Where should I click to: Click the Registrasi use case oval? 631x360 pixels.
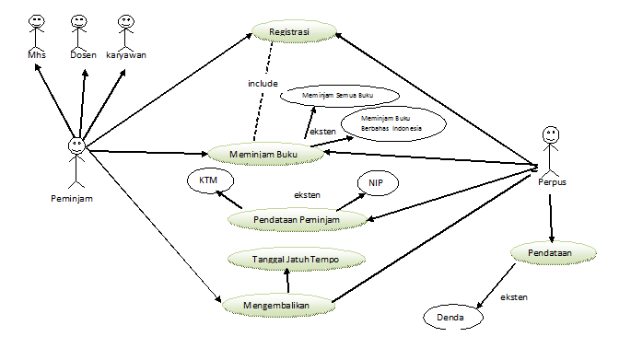click(294, 31)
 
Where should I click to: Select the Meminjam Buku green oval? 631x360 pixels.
click(264, 154)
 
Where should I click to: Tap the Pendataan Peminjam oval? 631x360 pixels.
click(298, 220)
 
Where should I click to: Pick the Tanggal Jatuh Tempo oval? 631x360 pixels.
click(297, 259)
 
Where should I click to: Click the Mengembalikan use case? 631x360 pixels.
click(278, 305)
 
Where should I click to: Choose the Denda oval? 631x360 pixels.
click(452, 317)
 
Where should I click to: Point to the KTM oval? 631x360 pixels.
click(210, 180)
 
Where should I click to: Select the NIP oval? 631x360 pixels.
click(378, 183)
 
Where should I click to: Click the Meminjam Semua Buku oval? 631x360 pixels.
click(340, 96)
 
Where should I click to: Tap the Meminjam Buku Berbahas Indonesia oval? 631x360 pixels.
click(393, 123)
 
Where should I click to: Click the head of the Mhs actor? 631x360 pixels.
click(37, 21)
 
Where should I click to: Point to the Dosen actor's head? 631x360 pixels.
click(79, 21)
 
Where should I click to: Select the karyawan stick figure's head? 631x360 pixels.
click(126, 22)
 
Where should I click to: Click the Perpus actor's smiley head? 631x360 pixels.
click(551, 134)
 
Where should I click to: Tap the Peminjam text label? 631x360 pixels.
click(72, 198)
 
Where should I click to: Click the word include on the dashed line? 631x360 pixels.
click(263, 83)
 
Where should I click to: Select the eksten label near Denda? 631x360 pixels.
click(514, 297)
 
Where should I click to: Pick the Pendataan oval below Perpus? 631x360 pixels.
click(554, 253)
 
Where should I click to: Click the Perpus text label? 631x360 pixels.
click(552, 182)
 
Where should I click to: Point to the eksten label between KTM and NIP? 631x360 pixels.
click(307, 195)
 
